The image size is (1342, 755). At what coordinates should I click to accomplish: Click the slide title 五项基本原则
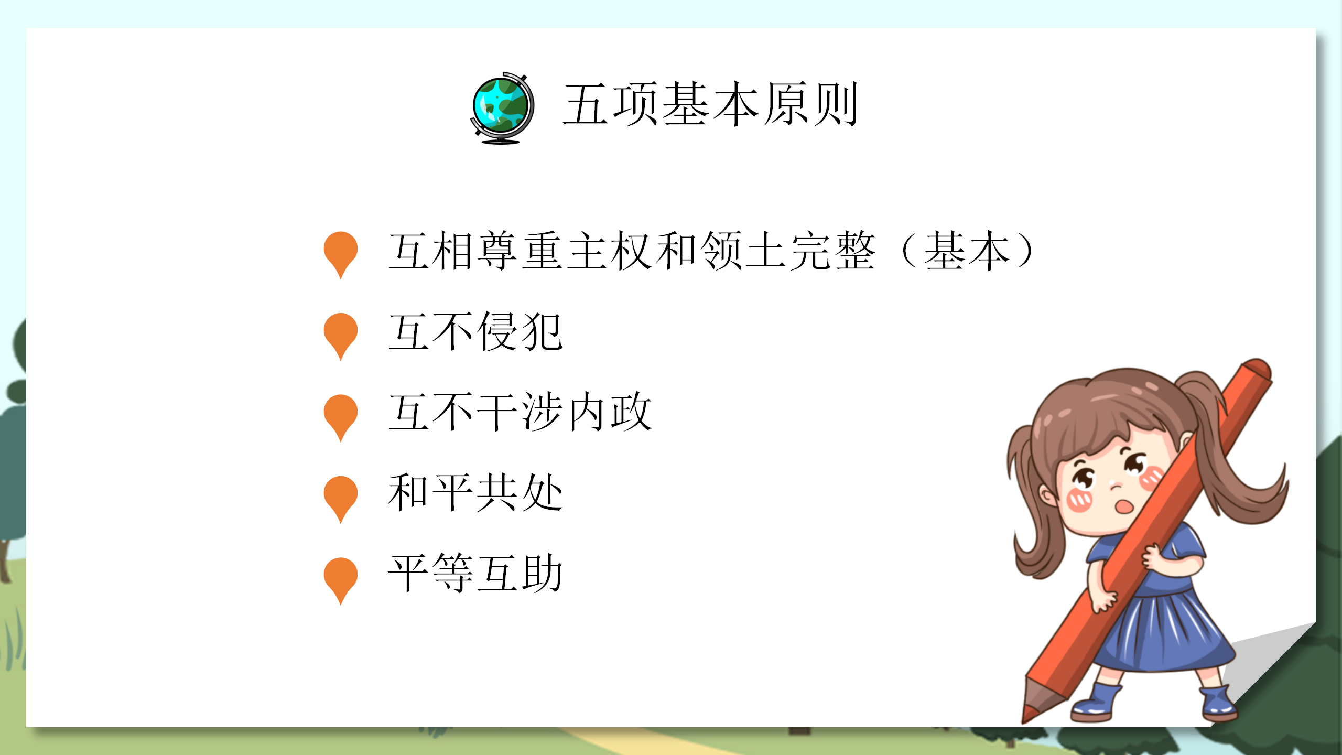(710, 105)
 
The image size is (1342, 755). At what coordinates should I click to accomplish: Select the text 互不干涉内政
(520, 413)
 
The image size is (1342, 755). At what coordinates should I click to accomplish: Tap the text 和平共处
(475, 493)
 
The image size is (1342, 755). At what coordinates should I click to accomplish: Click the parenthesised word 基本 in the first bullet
(967, 251)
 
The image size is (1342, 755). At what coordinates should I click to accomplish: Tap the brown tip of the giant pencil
(1034, 705)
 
